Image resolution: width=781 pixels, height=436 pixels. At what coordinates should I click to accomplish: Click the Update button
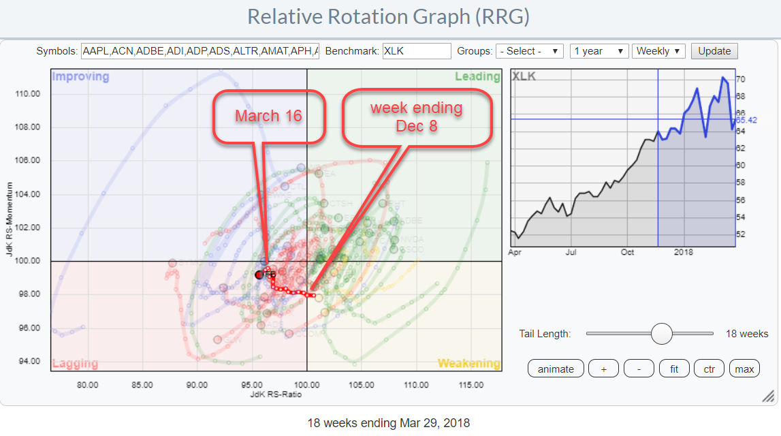(x=714, y=51)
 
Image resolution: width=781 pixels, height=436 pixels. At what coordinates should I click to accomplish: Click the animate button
(x=555, y=369)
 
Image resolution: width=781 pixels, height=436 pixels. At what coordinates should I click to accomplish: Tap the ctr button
(x=709, y=369)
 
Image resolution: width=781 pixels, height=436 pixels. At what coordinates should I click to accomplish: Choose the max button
(x=744, y=369)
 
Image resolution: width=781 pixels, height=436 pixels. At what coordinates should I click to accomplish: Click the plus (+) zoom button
(x=603, y=369)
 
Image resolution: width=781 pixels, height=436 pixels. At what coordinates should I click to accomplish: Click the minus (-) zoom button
(x=639, y=369)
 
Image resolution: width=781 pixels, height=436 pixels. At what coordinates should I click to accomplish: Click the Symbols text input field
(x=200, y=51)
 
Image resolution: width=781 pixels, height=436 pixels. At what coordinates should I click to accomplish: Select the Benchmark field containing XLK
(x=417, y=51)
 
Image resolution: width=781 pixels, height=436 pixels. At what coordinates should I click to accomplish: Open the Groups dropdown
(x=530, y=51)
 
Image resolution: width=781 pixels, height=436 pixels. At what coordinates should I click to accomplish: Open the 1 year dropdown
(x=599, y=51)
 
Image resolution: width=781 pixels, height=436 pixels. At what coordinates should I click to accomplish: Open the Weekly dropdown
(x=659, y=51)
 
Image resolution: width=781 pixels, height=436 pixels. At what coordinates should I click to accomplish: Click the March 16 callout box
(x=267, y=116)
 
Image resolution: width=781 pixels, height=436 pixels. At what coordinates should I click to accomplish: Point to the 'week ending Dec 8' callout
(x=416, y=116)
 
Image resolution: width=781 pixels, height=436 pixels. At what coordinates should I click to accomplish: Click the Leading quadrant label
(x=477, y=76)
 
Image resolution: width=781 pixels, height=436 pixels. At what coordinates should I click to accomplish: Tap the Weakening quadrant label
(x=468, y=364)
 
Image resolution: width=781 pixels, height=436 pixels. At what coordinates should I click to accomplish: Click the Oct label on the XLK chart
(x=627, y=252)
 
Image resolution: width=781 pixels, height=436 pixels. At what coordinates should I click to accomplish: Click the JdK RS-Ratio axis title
(x=276, y=394)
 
